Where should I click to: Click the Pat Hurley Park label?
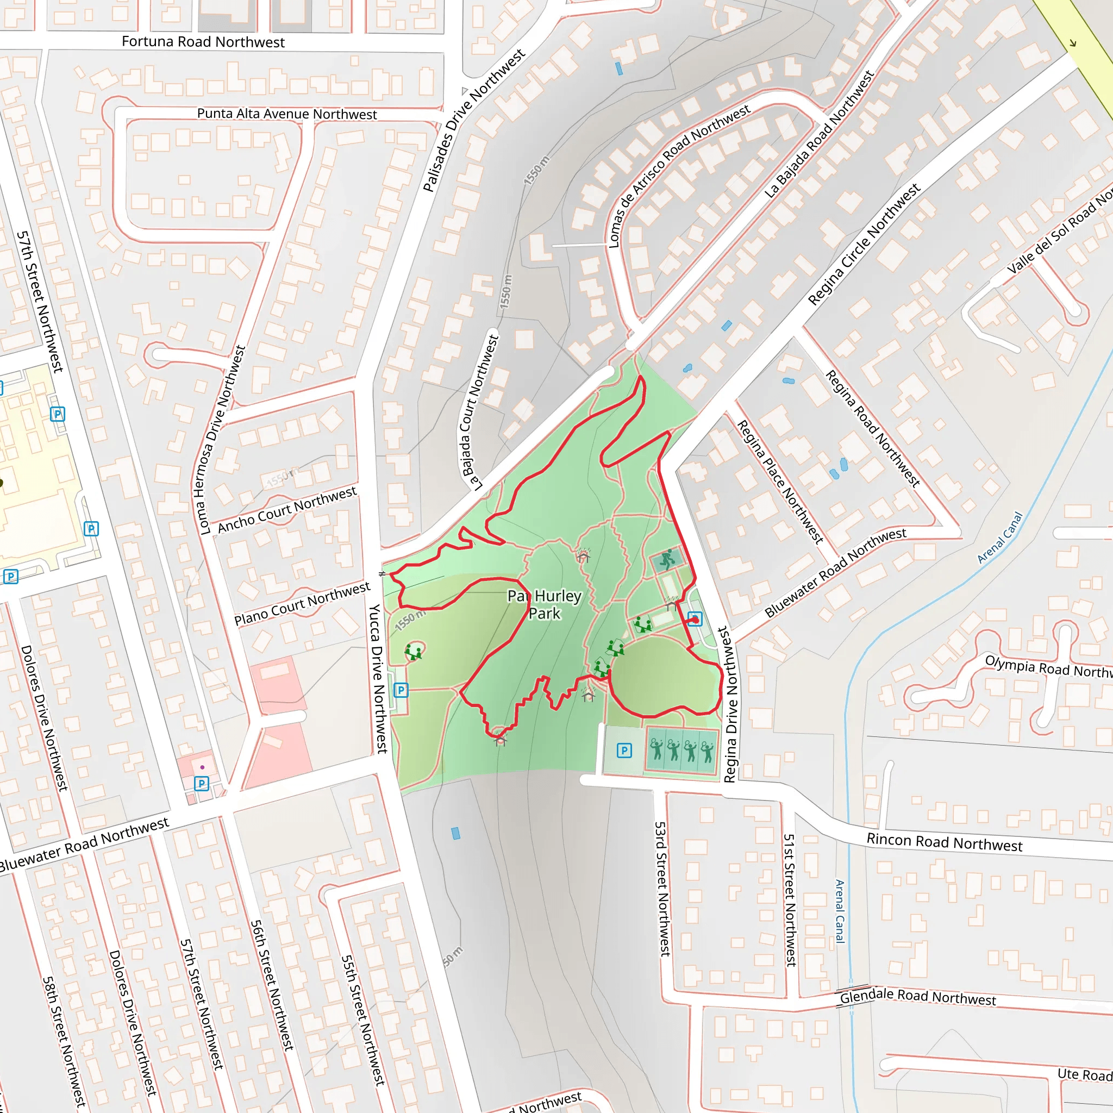[545, 604]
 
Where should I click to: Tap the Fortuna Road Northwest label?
[203, 41]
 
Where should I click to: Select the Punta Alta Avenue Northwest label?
[287, 114]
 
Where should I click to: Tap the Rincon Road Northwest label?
[944, 842]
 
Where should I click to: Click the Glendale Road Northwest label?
[917, 997]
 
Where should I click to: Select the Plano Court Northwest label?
[302, 604]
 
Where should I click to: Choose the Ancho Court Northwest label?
[287, 509]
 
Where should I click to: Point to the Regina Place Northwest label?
[780, 482]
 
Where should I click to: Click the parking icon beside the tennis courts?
[624, 751]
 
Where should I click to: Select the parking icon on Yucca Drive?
[401, 690]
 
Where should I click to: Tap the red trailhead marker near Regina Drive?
[695, 620]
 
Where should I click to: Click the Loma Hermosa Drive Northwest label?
[222, 440]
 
